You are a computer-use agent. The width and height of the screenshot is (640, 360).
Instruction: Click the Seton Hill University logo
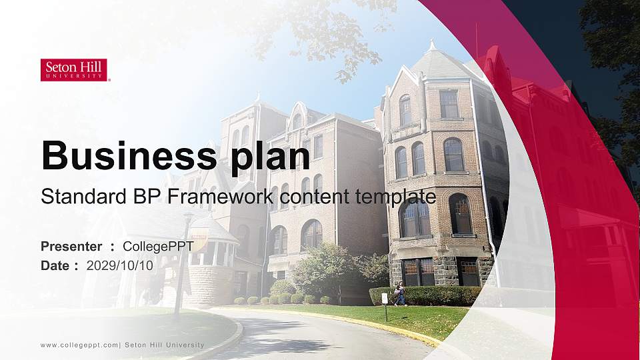pyautogui.click(x=74, y=70)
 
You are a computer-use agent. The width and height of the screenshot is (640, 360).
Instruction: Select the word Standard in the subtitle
pyautogui.click(x=75, y=197)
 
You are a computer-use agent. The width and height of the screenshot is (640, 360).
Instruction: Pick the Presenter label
pyautogui.click(x=71, y=247)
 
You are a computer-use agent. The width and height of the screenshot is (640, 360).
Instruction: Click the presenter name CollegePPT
pyautogui.click(x=159, y=247)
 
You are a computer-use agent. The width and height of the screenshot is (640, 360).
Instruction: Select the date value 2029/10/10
pyautogui.click(x=120, y=265)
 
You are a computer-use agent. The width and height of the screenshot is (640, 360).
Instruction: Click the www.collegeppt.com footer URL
pyautogui.click(x=79, y=345)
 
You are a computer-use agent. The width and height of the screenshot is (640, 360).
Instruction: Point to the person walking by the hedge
pyautogui.click(x=400, y=293)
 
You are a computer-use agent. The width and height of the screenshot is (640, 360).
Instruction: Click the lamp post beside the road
pyautogui.click(x=179, y=267)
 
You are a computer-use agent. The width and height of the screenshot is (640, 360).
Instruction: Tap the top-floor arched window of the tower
pyautogui.click(x=405, y=110)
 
